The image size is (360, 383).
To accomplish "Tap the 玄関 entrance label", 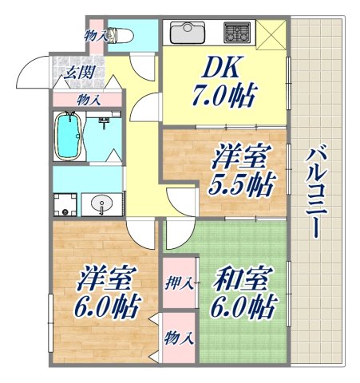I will click(77, 73).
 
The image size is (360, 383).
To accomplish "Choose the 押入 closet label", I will click(180, 282).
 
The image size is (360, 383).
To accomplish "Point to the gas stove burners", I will click(238, 33).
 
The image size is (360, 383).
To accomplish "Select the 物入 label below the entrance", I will click(89, 99).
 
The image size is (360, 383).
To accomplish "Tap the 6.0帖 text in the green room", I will click(244, 307).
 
